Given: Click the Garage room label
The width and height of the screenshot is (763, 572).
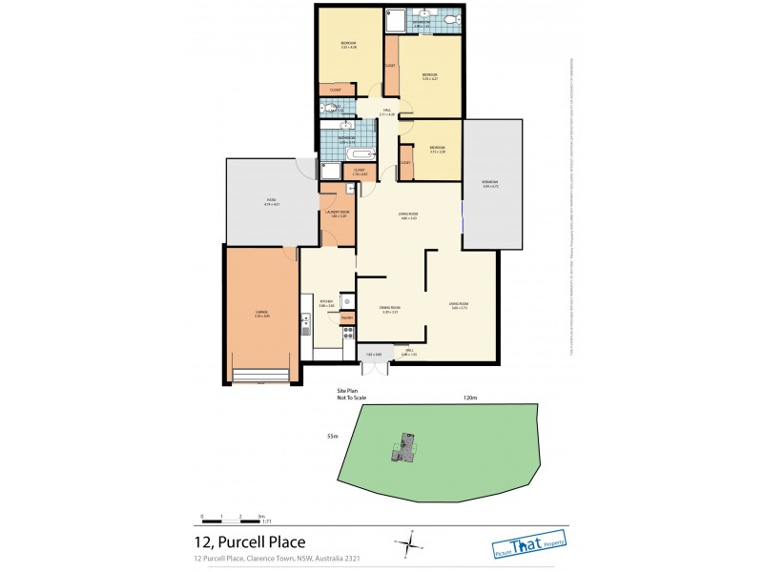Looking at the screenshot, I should click(x=261, y=315).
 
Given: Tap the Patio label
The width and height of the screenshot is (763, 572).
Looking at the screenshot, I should click(x=271, y=202).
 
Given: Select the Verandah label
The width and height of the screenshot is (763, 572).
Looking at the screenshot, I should click(x=491, y=184).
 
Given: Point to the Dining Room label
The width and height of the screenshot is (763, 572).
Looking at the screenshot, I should click(x=388, y=311).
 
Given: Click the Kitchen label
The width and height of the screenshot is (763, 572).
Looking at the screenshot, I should click(x=325, y=304).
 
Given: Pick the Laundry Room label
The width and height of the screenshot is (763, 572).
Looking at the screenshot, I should click(x=337, y=214).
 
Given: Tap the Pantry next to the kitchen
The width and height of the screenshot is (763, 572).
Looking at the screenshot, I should click(x=347, y=317).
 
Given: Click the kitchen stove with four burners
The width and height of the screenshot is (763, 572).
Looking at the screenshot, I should click(x=348, y=334).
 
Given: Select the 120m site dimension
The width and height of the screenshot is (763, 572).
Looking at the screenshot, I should click(x=469, y=398).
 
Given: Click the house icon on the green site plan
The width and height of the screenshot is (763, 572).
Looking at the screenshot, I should click(x=406, y=446).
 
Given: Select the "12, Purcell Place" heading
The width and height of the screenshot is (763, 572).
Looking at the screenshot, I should click(x=249, y=541).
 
